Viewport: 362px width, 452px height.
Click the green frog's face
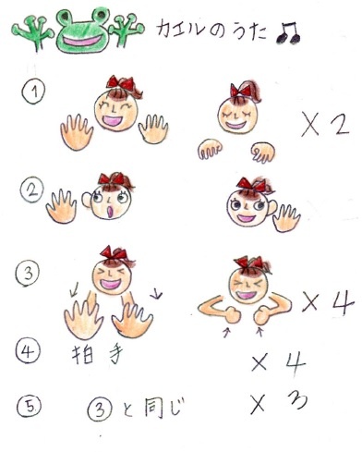(x=82, y=31)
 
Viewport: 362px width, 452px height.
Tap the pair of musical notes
(x=288, y=32)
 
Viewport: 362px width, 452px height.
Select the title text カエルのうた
(x=211, y=31)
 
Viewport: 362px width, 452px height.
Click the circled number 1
(x=33, y=92)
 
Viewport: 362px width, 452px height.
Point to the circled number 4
(x=28, y=351)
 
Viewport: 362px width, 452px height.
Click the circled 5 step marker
(x=29, y=407)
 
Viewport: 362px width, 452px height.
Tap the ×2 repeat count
(x=325, y=125)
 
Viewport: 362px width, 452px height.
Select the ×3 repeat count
(x=279, y=402)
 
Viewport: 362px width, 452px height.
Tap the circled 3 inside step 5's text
(x=99, y=409)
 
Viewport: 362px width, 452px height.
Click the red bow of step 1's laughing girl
(x=120, y=82)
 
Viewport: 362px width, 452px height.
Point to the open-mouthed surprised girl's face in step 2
(x=111, y=202)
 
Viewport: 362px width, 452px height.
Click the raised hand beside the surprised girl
(x=61, y=206)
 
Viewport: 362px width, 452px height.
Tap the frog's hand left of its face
(x=33, y=31)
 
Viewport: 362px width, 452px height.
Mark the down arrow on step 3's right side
(x=156, y=293)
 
